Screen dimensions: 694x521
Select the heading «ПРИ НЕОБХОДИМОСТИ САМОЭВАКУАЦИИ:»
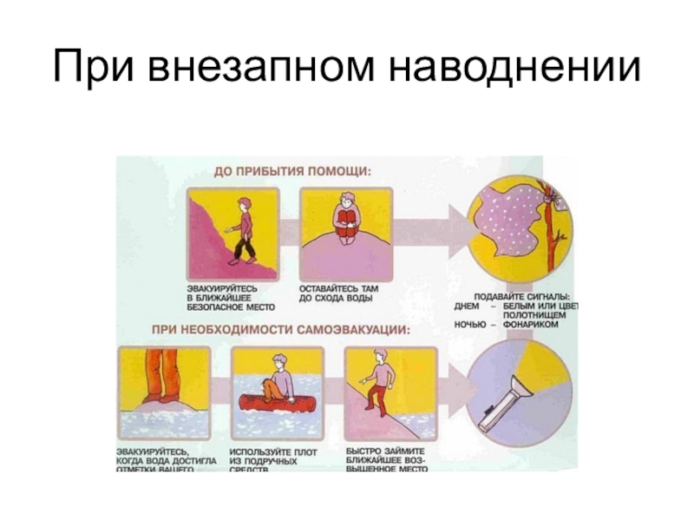[x=281, y=331]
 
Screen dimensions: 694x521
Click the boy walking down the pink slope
[x=244, y=230]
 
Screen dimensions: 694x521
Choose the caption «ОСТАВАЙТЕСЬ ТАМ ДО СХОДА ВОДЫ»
[x=337, y=293]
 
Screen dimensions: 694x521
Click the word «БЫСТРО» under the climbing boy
[x=364, y=452]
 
